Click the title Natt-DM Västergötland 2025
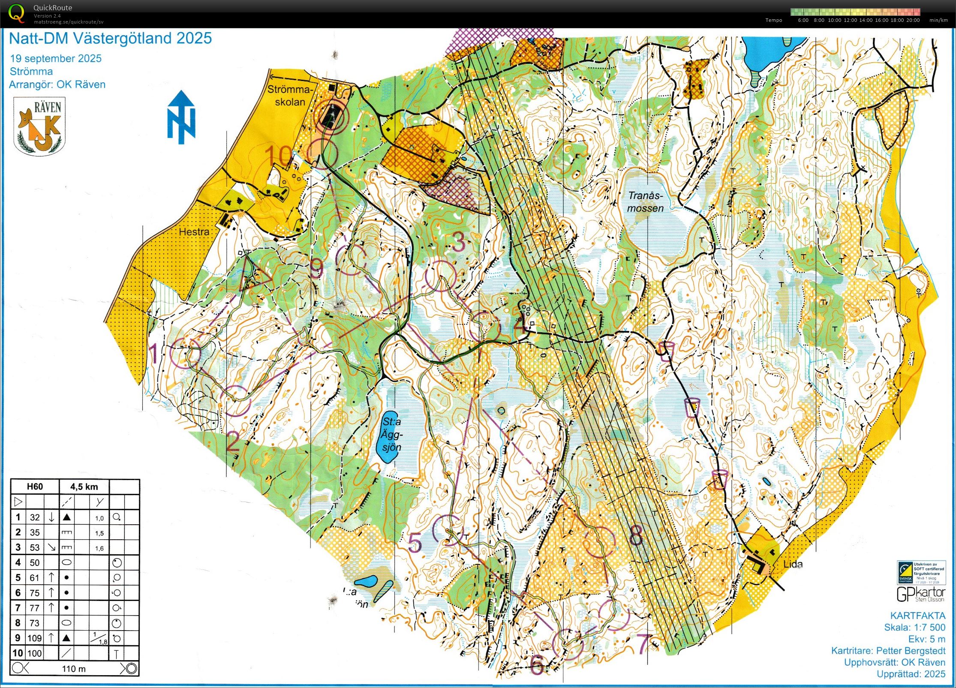pyautogui.click(x=110, y=39)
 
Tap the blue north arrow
pyautogui.click(x=181, y=117)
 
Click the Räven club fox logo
pyautogui.click(x=39, y=126)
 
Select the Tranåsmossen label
pyautogui.click(x=645, y=202)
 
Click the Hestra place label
pyautogui.click(x=194, y=232)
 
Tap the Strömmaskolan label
pyautogui.click(x=289, y=96)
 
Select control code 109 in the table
pyautogui.click(x=34, y=638)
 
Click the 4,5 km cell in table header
pyautogui.click(x=84, y=487)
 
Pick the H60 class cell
pyautogui.click(x=35, y=487)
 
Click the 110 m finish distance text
pyautogui.click(x=74, y=668)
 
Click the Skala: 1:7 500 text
pyautogui.click(x=914, y=627)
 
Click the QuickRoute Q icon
pyautogui.click(x=16, y=13)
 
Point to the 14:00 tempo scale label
pyautogui.click(x=865, y=20)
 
